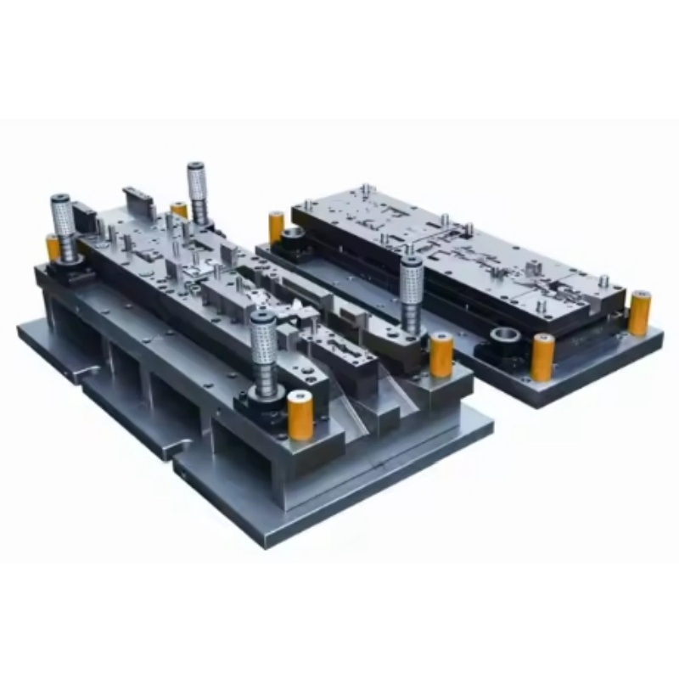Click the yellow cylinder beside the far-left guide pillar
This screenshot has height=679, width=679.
53,248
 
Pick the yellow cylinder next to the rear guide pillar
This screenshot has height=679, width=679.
179,210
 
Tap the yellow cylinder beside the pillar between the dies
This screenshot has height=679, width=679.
441,355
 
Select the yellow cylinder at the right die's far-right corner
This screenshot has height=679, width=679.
639,312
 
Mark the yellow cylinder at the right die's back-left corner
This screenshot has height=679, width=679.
277,228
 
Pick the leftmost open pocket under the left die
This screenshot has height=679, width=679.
64,330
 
